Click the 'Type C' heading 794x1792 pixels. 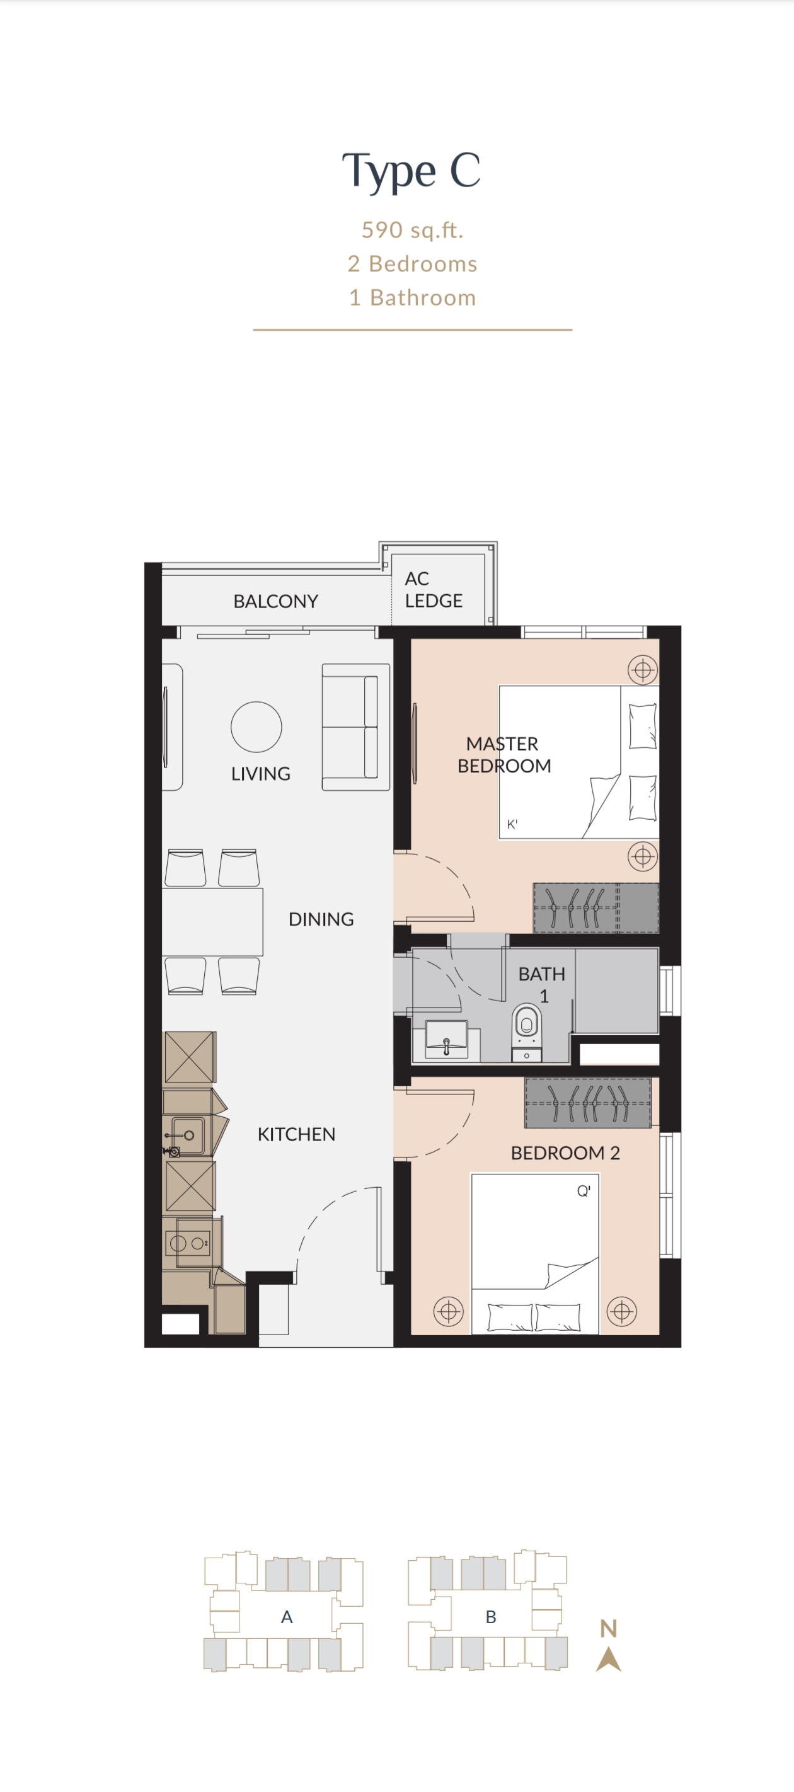411,171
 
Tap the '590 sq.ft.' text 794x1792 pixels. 412,229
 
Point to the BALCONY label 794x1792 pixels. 275,601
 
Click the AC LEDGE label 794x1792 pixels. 434,589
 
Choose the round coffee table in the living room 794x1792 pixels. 256,727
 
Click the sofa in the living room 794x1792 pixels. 355,727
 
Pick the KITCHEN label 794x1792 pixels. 296,1134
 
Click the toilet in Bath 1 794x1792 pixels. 527,1031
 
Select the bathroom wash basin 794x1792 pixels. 446,1039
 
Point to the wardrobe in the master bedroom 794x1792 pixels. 595,908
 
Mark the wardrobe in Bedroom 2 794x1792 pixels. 588,1103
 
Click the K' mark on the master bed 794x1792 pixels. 512,824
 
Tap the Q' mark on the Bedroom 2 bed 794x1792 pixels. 583,1191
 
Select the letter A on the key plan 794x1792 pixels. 287,1617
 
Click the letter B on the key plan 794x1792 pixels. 491,1617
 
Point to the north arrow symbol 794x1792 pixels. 609,1659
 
